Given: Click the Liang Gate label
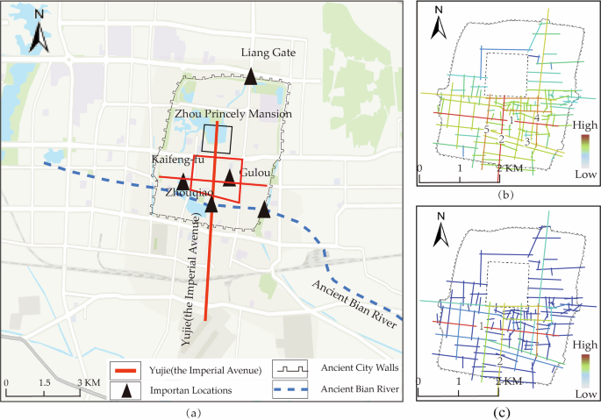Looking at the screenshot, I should point(268,53).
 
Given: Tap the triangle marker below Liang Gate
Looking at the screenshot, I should point(251,77).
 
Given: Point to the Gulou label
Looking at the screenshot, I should point(254,174).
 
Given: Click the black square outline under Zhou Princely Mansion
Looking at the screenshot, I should point(217,139).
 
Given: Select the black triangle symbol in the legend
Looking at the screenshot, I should point(127,389).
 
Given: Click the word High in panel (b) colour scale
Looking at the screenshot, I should point(583,125).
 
